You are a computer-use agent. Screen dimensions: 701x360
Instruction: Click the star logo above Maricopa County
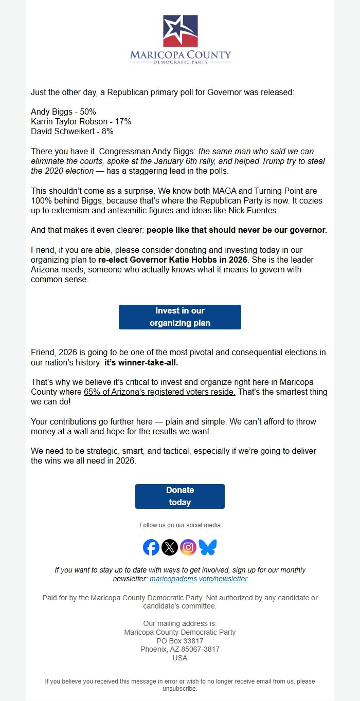[x=180, y=31]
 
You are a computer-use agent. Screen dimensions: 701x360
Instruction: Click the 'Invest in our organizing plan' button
[x=180, y=317]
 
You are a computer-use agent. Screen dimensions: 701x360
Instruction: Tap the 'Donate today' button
[x=180, y=496]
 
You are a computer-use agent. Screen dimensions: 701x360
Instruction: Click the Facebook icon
[x=151, y=547]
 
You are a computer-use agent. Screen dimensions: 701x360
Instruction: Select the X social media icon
[x=170, y=547]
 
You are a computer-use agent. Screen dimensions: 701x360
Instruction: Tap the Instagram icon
[x=189, y=547]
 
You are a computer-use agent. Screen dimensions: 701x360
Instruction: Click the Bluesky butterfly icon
[x=208, y=547]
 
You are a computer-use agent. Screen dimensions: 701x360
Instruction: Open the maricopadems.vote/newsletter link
[x=199, y=579]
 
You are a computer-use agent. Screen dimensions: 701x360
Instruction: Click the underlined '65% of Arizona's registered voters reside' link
[x=160, y=392]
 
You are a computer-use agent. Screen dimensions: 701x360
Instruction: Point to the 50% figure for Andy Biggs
[x=87, y=112]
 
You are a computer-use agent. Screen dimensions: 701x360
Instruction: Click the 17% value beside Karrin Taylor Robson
[x=122, y=121]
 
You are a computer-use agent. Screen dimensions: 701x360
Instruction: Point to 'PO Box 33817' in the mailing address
[x=180, y=641]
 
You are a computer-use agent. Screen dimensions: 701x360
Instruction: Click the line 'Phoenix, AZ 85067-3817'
[x=180, y=649]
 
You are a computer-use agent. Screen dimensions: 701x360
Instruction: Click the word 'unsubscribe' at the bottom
[x=179, y=689]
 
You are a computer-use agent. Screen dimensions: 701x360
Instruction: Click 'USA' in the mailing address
[x=180, y=658]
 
